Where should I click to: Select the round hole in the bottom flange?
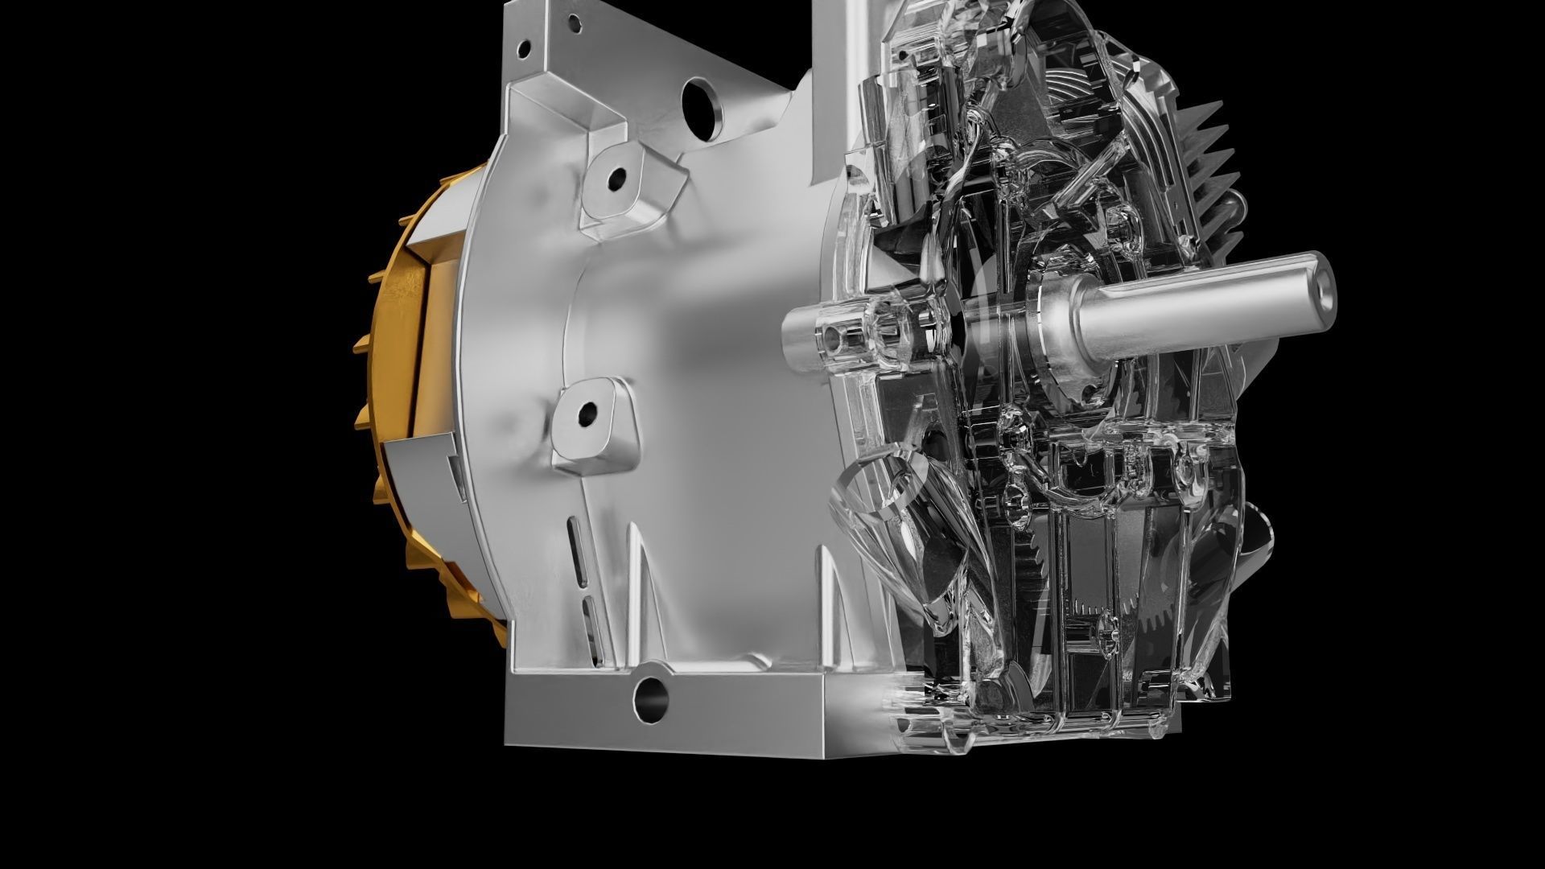click(x=650, y=700)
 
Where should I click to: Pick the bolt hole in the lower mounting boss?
click(x=587, y=414)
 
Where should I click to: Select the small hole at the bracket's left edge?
click(x=524, y=50)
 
